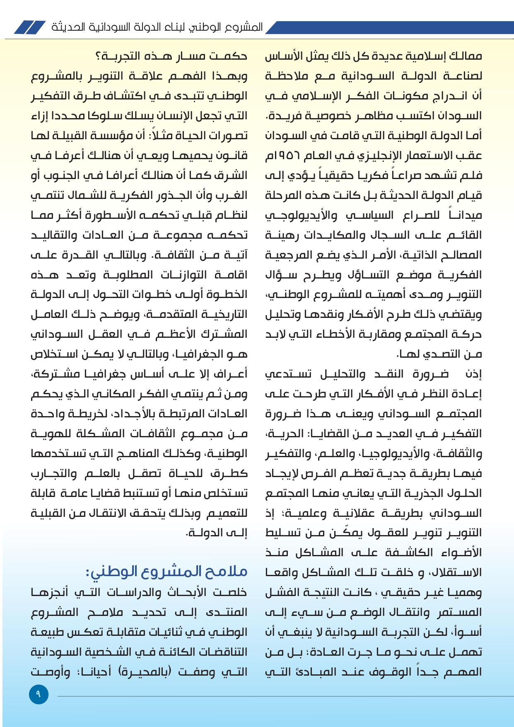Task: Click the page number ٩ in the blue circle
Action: [39, 694]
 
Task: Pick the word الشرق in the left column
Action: [235, 175]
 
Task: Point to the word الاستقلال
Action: [456, 572]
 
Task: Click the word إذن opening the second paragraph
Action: [473, 374]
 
